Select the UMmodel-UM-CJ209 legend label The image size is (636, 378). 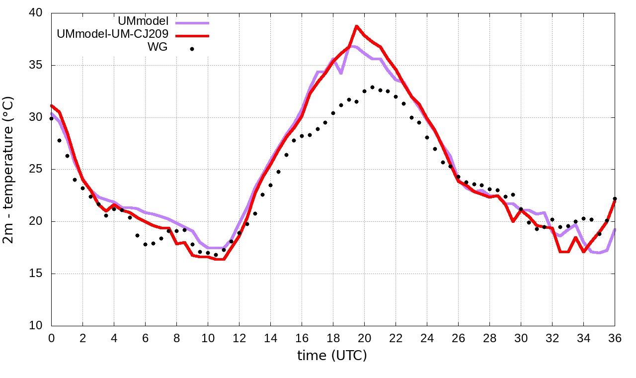point(113,34)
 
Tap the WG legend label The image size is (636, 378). point(158,48)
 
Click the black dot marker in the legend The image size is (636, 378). point(192,49)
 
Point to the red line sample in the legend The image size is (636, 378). point(192,35)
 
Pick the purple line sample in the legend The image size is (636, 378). point(192,22)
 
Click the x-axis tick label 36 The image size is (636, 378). point(615,338)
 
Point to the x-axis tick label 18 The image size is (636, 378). point(333,338)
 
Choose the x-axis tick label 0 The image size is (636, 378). point(51,338)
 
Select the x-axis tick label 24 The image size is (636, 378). point(427,338)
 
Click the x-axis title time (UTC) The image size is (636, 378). point(332,356)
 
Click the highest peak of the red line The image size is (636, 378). point(357,26)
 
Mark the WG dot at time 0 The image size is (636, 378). point(51,118)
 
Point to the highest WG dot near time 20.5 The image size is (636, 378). point(372,87)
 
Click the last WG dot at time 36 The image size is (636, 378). point(615,199)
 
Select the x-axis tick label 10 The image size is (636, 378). point(208,338)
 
